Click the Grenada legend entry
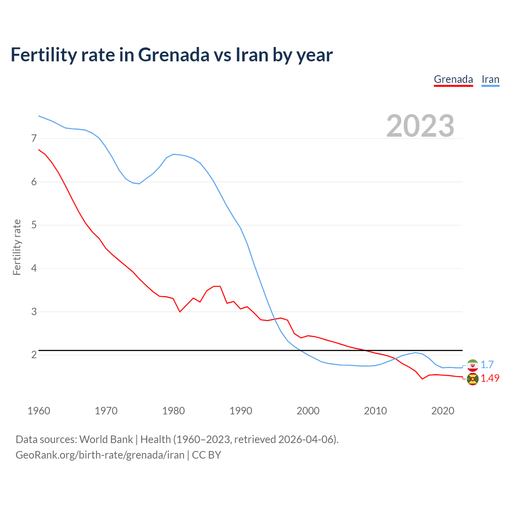point(453,79)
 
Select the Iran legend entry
point(490,79)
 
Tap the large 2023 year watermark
point(420,126)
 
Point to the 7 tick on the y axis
point(34,139)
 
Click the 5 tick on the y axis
point(34,225)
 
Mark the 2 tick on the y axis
point(34,355)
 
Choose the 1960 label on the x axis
point(39,411)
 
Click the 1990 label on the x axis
point(241,411)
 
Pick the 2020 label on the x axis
point(443,411)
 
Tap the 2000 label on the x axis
point(308,411)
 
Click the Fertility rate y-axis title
point(17,247)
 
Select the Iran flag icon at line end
point(473,365)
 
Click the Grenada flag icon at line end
point(473,379)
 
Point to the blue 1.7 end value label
point(487,365)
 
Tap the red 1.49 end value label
point(490,379)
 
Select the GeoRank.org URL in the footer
point(100,455)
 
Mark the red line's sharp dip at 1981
point(180,312)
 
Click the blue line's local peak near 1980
point(173,154)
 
